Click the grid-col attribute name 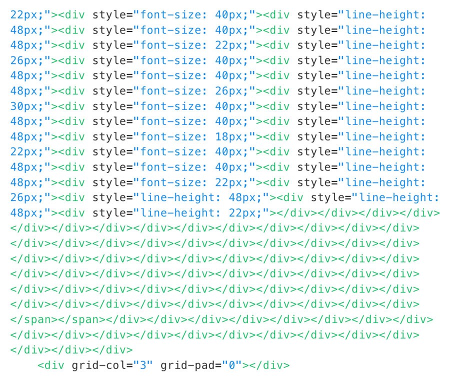click(99, 365)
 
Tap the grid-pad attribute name click(187, 365)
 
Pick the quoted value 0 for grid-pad click(231, 365)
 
